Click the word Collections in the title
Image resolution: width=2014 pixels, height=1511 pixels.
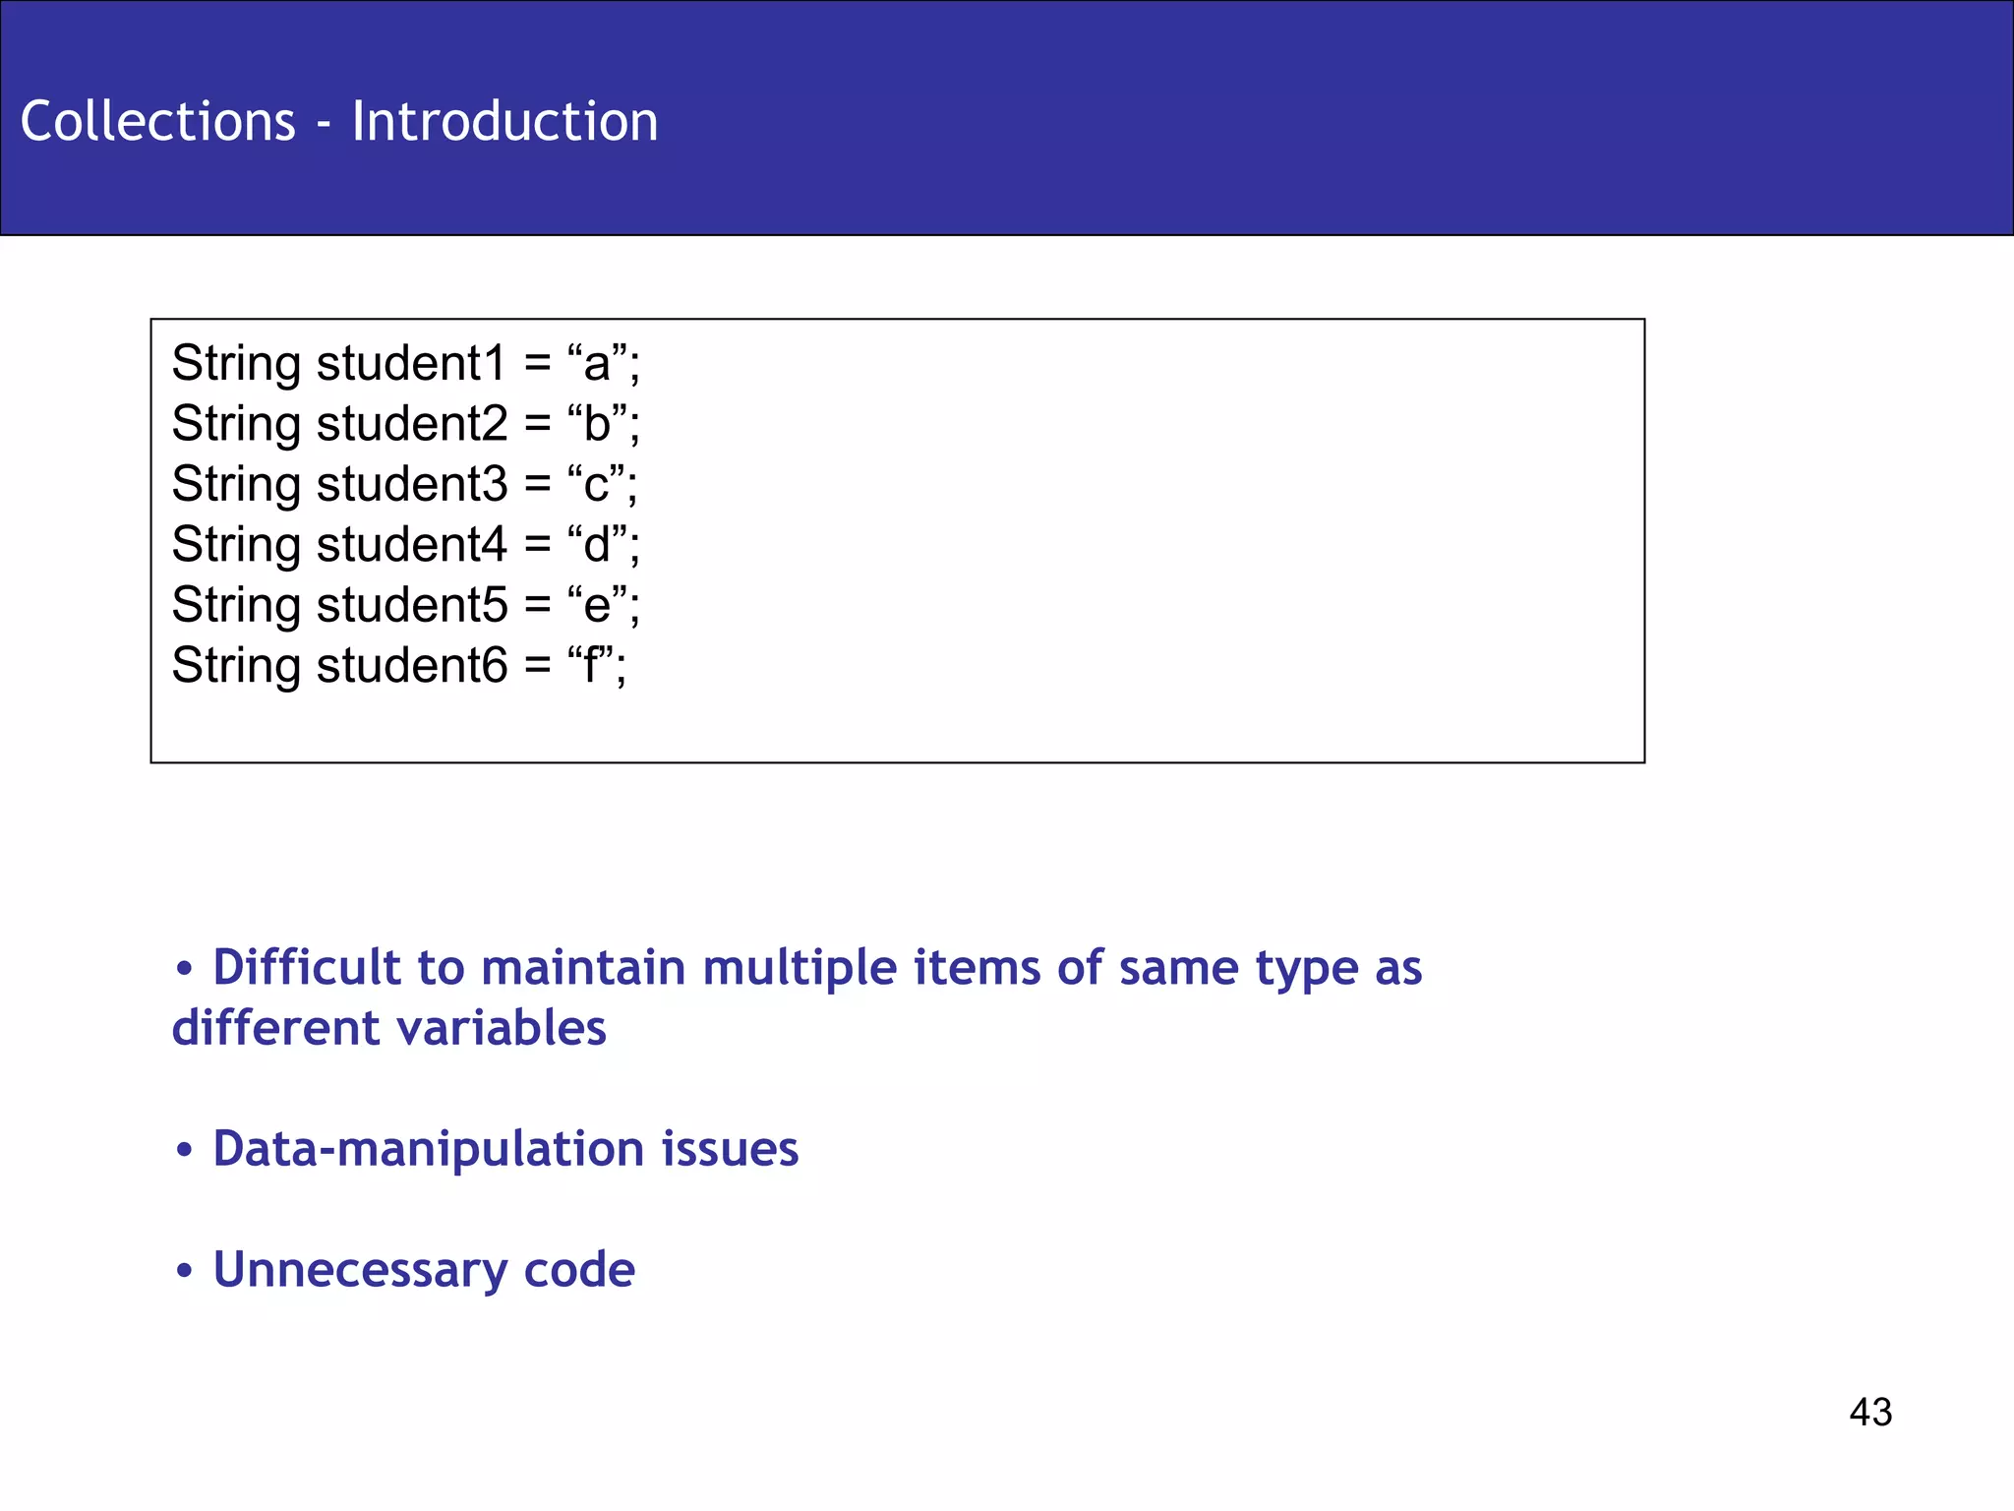[157, 122]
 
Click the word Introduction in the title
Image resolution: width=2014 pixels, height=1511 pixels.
[504, 122]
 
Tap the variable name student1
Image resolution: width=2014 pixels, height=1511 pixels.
[411, 364]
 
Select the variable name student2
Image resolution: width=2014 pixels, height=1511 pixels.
[411, 424]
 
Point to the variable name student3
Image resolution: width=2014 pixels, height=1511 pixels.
[411, 484]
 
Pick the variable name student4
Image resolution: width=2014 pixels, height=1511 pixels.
[411, 545]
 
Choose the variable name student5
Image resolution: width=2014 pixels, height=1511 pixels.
[411, 605]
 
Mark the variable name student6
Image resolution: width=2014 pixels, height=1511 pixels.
[411, 666]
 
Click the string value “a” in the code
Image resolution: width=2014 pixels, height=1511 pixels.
[597, 364]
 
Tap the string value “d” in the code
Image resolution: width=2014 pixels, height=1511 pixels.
[597, 545]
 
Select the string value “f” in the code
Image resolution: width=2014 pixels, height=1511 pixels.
[590, 666]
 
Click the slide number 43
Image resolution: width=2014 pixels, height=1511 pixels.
[1869, 1413]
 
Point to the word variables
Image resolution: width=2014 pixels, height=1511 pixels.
[501, 1029]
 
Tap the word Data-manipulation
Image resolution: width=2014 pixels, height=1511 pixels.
[428, 1149]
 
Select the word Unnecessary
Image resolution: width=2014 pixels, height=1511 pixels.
[359, 1270]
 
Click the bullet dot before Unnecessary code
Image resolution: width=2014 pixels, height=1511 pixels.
[184, 1271]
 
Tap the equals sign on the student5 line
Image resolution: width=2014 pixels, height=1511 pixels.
[537, 606]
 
